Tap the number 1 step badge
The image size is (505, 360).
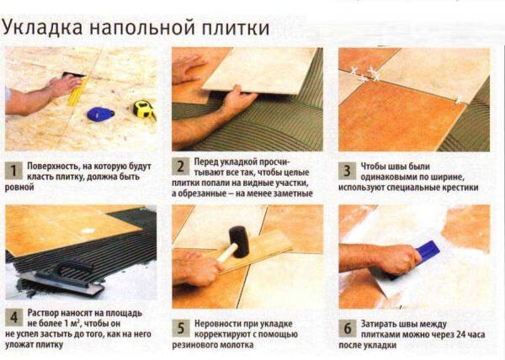(x=13, y=172)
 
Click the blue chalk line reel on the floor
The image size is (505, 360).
(x=100, y=112)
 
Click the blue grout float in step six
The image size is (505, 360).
(x=427, y=251)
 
